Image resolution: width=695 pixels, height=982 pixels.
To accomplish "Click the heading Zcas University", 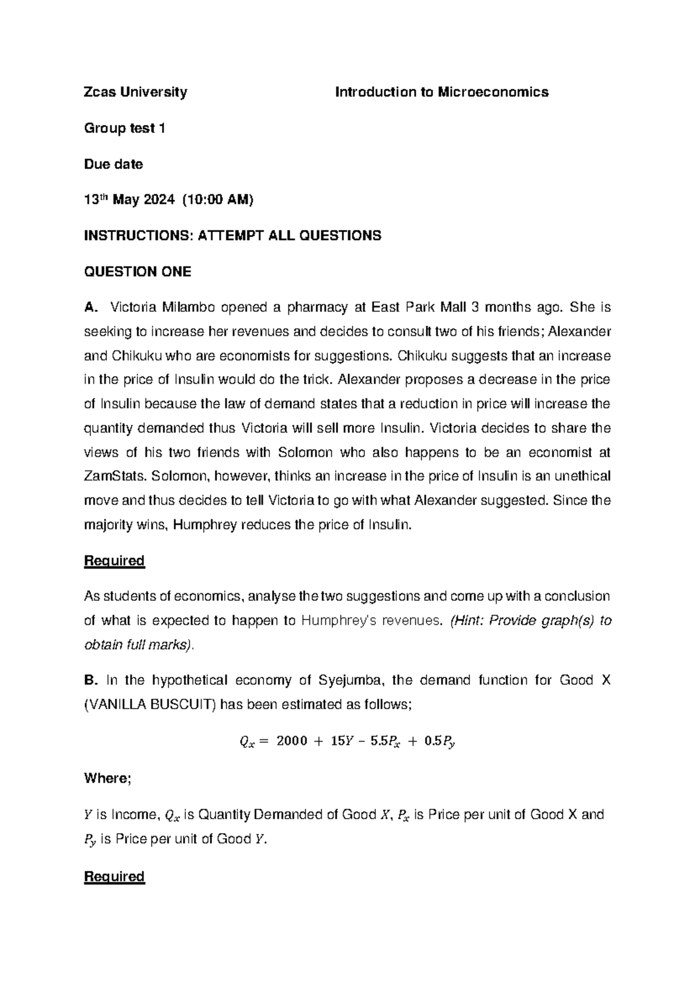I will (x=136, y=92).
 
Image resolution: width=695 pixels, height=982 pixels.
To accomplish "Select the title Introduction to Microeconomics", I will (x=442, y=92).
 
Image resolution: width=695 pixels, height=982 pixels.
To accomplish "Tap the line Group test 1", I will (x=125, y=129).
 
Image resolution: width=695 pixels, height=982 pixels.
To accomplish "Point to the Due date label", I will (x=114, y=164).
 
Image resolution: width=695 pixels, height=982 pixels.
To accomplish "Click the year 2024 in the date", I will (x=158, y=200).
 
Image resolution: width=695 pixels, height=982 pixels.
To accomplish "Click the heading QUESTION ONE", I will (x=138, y=272).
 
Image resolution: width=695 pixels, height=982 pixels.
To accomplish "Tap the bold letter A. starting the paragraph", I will (x=91, y=307).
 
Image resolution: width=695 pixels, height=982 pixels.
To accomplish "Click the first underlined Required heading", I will (x=114, y=560).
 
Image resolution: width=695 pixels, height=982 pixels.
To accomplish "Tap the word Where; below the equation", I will (x=108, y=779).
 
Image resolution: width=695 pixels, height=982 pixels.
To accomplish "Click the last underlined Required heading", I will (x=114, y=877).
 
